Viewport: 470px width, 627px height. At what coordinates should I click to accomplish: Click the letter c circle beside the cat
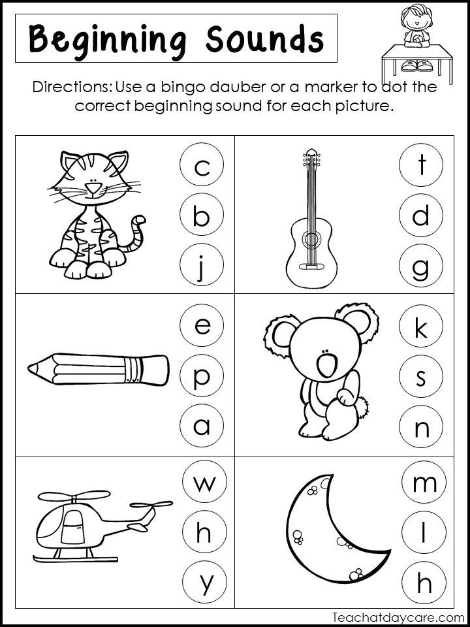(202, 167)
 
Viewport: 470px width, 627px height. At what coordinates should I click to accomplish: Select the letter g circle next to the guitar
(422, 267)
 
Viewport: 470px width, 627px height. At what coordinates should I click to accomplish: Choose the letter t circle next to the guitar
(422, 167)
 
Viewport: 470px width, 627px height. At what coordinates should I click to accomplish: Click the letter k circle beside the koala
(422, 327)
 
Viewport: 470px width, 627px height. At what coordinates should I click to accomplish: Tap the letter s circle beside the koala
(422, 378)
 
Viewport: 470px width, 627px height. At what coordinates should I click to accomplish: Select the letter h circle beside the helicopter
(202, 534)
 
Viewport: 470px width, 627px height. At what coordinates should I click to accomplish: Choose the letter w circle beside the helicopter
(202, 484)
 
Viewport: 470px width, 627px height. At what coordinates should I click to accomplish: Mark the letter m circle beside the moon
(422, 484)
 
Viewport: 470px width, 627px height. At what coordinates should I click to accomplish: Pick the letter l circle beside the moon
(422, 534)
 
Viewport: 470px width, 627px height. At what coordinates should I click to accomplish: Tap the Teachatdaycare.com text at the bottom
(398, 616)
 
